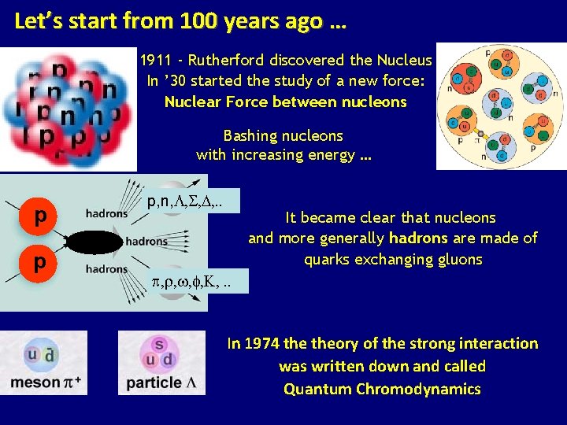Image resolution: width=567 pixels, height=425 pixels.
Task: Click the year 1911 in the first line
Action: point(156,61)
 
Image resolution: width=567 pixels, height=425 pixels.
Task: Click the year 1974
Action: point(262,343)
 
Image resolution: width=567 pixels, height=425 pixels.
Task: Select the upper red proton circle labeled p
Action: point(40,215)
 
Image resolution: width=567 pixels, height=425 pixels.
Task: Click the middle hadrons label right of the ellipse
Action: point(146,242)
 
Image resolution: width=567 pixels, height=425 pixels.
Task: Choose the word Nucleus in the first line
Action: point(404,61)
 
